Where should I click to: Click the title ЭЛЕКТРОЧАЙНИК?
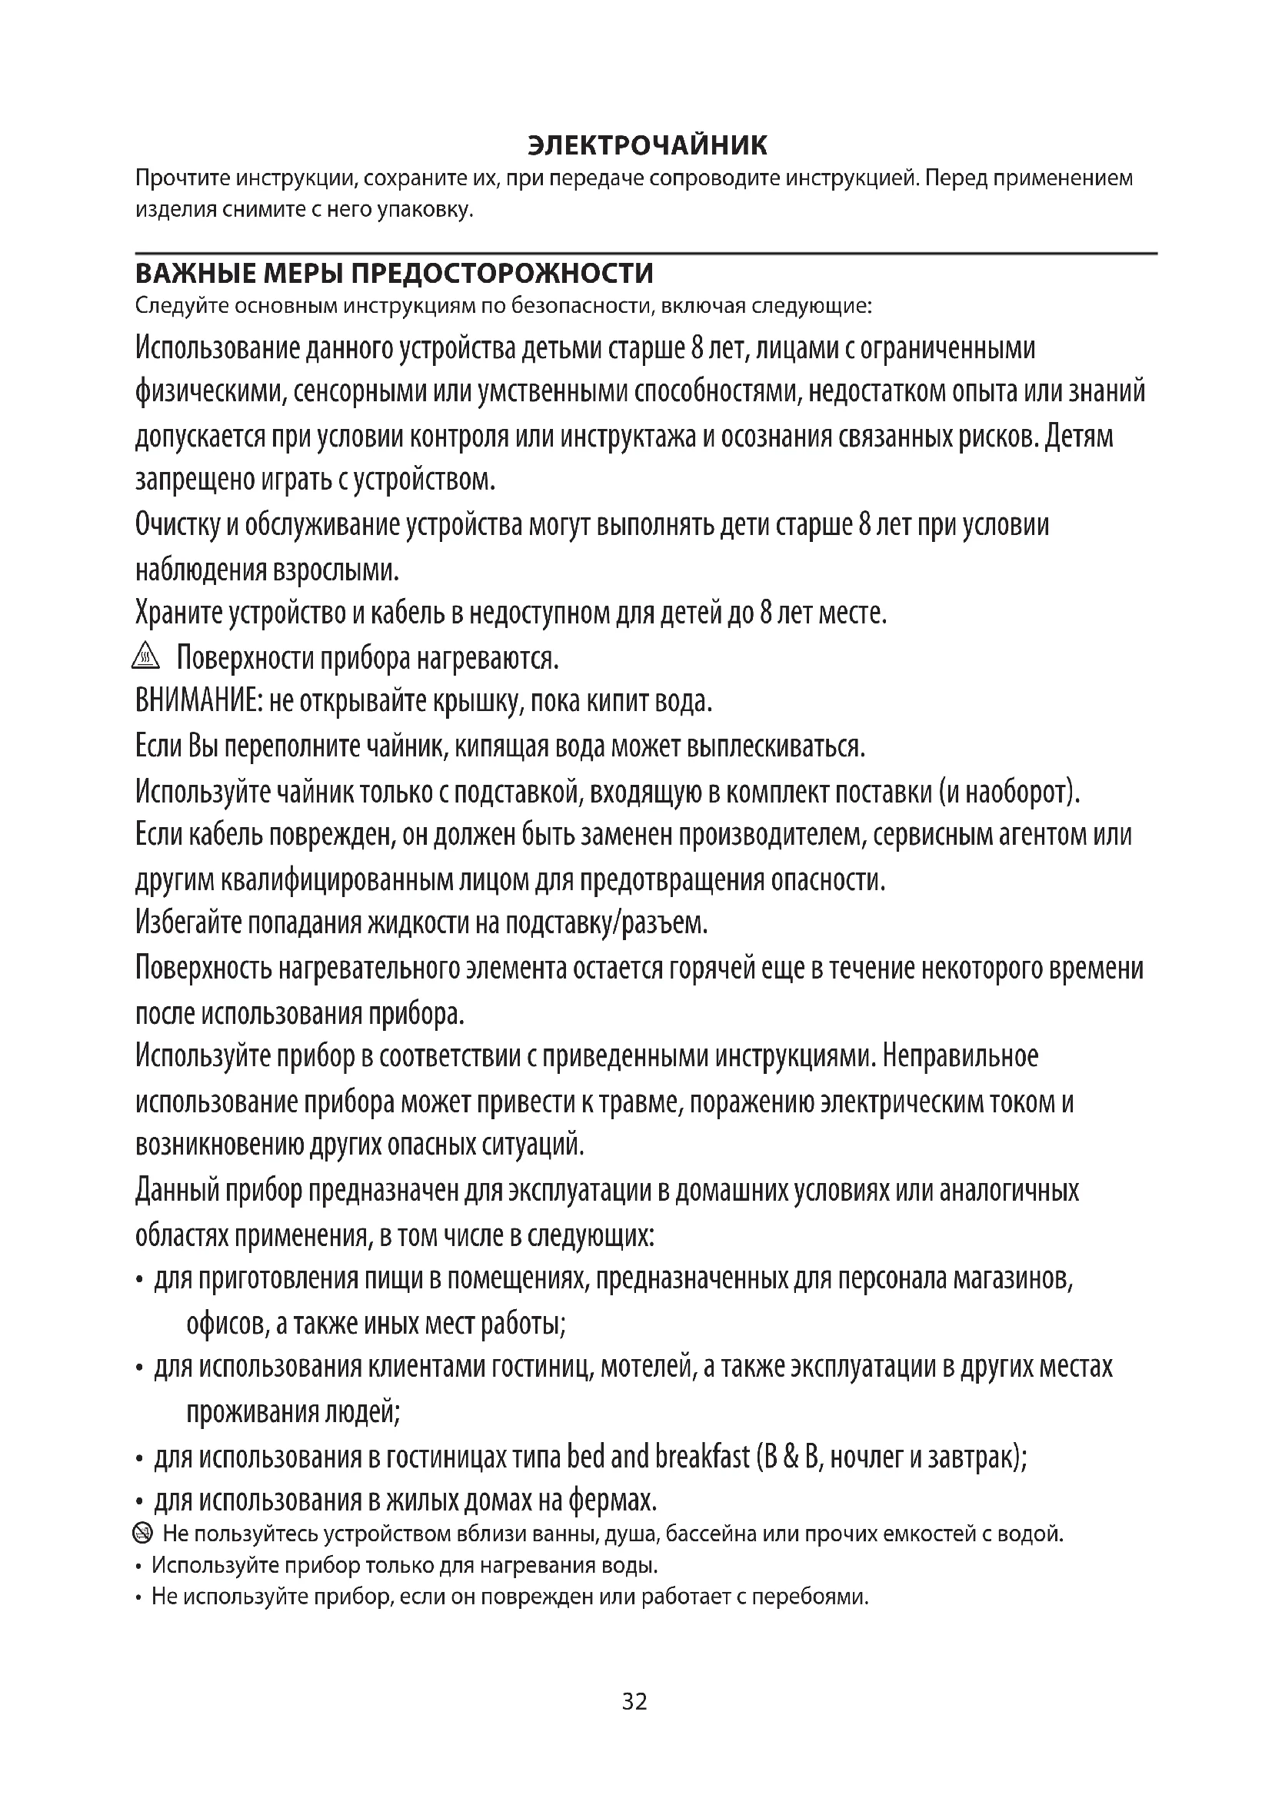tap(648, 145)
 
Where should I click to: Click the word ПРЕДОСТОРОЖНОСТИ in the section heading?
tap(502, 274)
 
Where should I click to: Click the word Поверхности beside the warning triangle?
tap(244, 658)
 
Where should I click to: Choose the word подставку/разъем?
tap(605, 924)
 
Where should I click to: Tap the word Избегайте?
tap(188, 924)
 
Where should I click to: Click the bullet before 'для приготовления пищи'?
tap(139, 1282)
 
